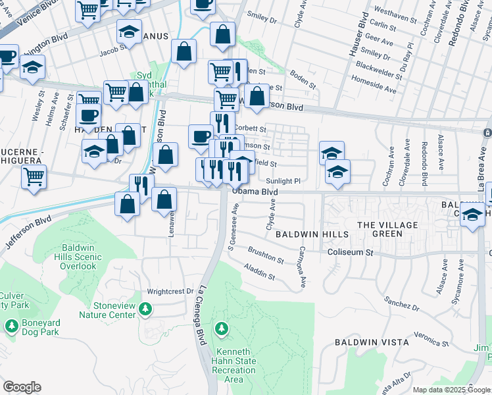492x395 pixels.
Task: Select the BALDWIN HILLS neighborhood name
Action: pos(306,234)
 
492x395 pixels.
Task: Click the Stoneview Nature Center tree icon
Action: pos(145,308)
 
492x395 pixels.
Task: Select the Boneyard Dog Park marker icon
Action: pos(11,325)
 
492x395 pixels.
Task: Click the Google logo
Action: pos(22,387)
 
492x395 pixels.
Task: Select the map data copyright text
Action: pos(451,390)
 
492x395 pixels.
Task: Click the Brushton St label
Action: pos(266,255)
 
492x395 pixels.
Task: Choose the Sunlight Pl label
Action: pos(283,181)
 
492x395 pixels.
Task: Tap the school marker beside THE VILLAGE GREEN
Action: pos(472,215)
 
